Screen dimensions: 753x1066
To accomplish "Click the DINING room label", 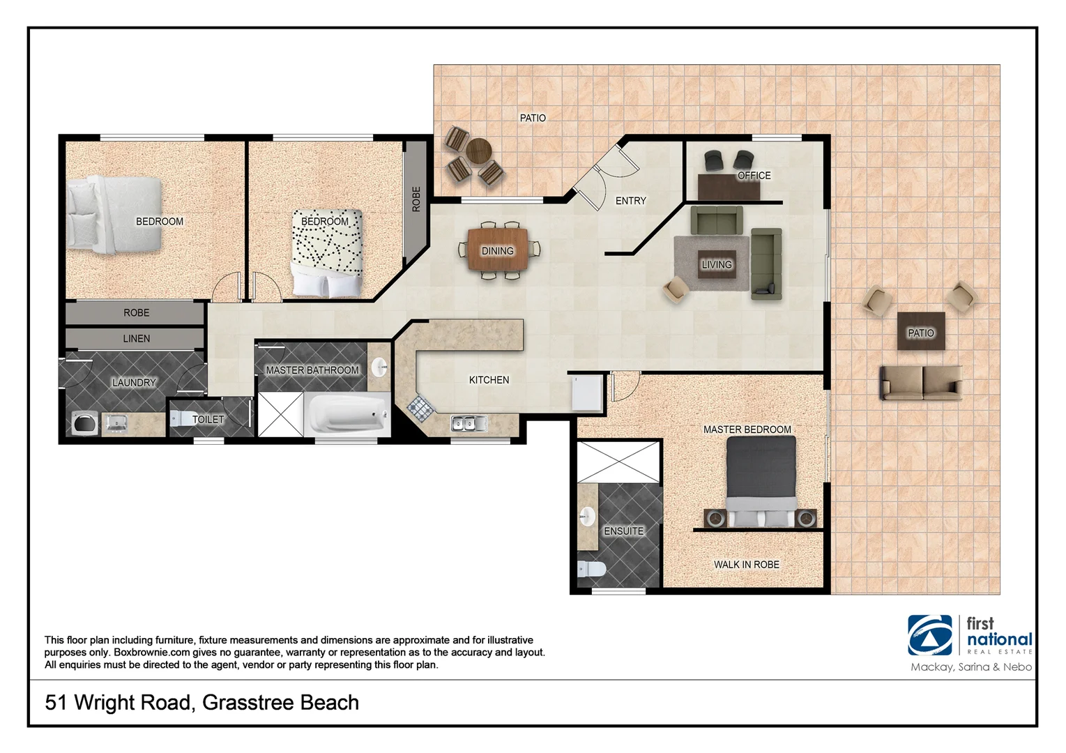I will coord(497,251).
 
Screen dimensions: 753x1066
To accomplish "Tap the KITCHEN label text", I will coord(489,380).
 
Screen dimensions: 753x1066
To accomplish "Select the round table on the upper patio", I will coord(479,150).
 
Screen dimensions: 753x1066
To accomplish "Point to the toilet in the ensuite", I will coord(591,569).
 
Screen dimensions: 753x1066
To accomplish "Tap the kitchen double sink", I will coord(464,423).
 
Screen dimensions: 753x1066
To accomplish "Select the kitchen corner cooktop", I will coord(420,406).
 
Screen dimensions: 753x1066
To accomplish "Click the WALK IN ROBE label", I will coord(746,565).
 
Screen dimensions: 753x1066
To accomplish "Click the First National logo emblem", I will coord(929,635).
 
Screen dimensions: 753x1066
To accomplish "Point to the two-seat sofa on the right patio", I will coord(921,383).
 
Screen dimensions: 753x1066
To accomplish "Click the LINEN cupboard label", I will coord(136,339).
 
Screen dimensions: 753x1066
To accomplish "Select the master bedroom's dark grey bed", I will coord(761,481).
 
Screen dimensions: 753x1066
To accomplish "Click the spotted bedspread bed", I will coord(327,251).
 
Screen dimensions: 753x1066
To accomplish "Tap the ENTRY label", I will coord(630,201).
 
